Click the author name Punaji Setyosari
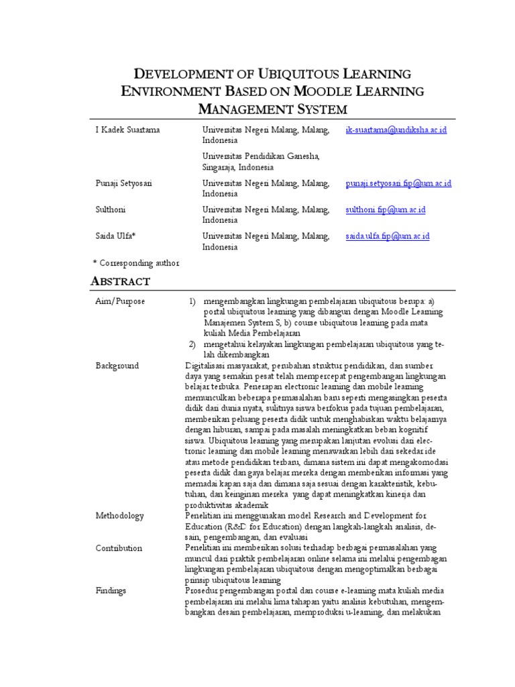click(x=123, y=183)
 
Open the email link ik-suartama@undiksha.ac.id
click(x=396, y=130)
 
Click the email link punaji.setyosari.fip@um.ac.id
click(x=398, y=183)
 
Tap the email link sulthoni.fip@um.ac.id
click(x=386, y=210)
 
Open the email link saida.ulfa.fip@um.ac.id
click(x=387, y=236)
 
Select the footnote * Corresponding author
click(x=135, y=262)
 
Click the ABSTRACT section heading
click(x=121, y=281)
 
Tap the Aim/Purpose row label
click(x=120, y=302)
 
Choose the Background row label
click(x=117, y=366)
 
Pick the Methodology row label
click(x=119, y=516)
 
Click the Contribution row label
click(x=119, y=548)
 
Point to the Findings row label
click(x=111, y=590)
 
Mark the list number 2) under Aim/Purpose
click(x=191, y=344)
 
